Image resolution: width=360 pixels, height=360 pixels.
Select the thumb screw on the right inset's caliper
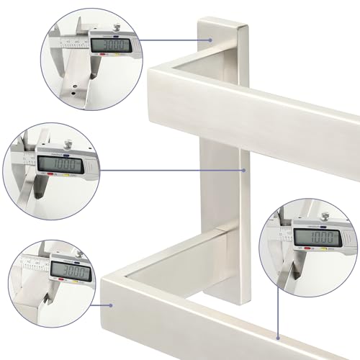point(315,213)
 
